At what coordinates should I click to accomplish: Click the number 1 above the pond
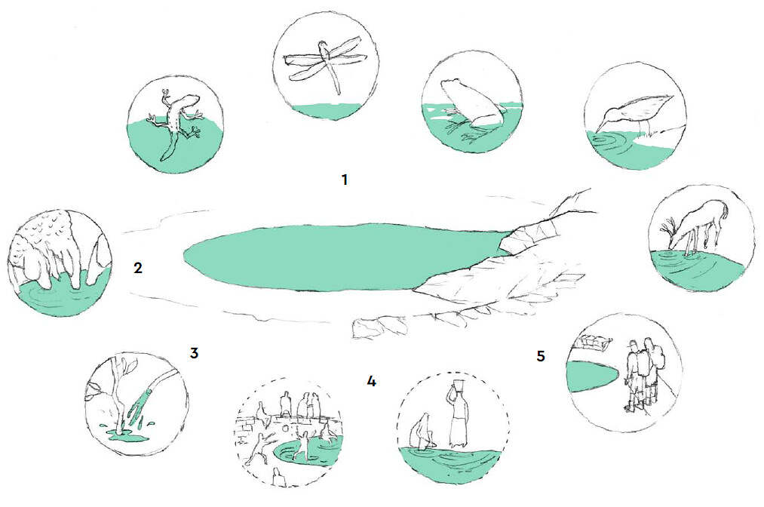(x=345, y=180)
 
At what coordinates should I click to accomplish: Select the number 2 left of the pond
(x=138, y=268)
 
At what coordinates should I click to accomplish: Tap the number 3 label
(x=194, y=353)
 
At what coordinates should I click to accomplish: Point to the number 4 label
(x=371, y=381)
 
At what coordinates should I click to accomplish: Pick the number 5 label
(x=540, y=356)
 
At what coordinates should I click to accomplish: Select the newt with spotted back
(x=177, y=123)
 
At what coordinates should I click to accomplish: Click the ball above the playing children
(x=285, y=428)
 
